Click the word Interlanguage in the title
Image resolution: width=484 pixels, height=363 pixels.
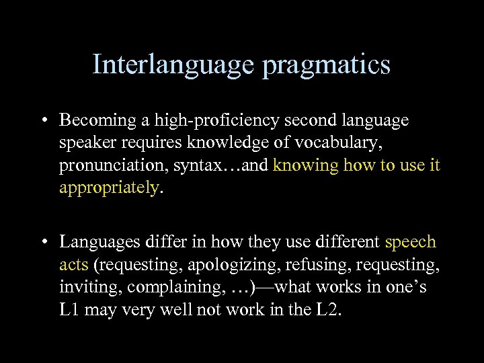173,65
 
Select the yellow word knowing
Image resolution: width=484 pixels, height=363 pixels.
306,165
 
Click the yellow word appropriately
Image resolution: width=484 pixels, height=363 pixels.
109,188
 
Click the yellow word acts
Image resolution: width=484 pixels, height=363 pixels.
73,264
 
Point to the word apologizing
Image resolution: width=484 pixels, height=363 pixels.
223,265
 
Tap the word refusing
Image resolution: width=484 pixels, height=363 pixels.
307,264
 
